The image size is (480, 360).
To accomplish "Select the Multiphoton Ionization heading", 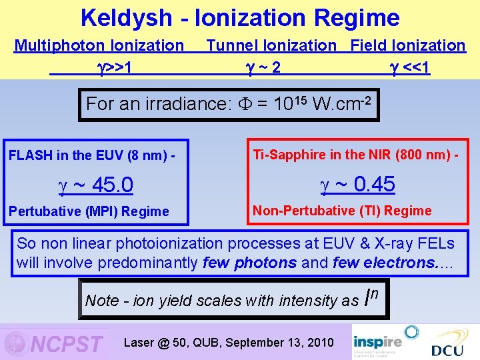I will [99, 45].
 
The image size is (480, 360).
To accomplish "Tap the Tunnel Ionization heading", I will [271, 45].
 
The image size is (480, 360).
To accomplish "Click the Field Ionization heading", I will [408, 45].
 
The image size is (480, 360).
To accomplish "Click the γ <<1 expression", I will [409, 67].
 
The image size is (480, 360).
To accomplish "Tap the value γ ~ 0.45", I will [358, 183].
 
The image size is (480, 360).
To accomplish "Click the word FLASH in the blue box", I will [31, 156].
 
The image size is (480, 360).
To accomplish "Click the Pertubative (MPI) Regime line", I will [89, 211].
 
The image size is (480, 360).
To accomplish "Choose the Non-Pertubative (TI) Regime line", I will [342, 211].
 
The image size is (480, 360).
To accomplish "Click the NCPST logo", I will [55, 343].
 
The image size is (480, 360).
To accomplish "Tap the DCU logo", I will [447, 347].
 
